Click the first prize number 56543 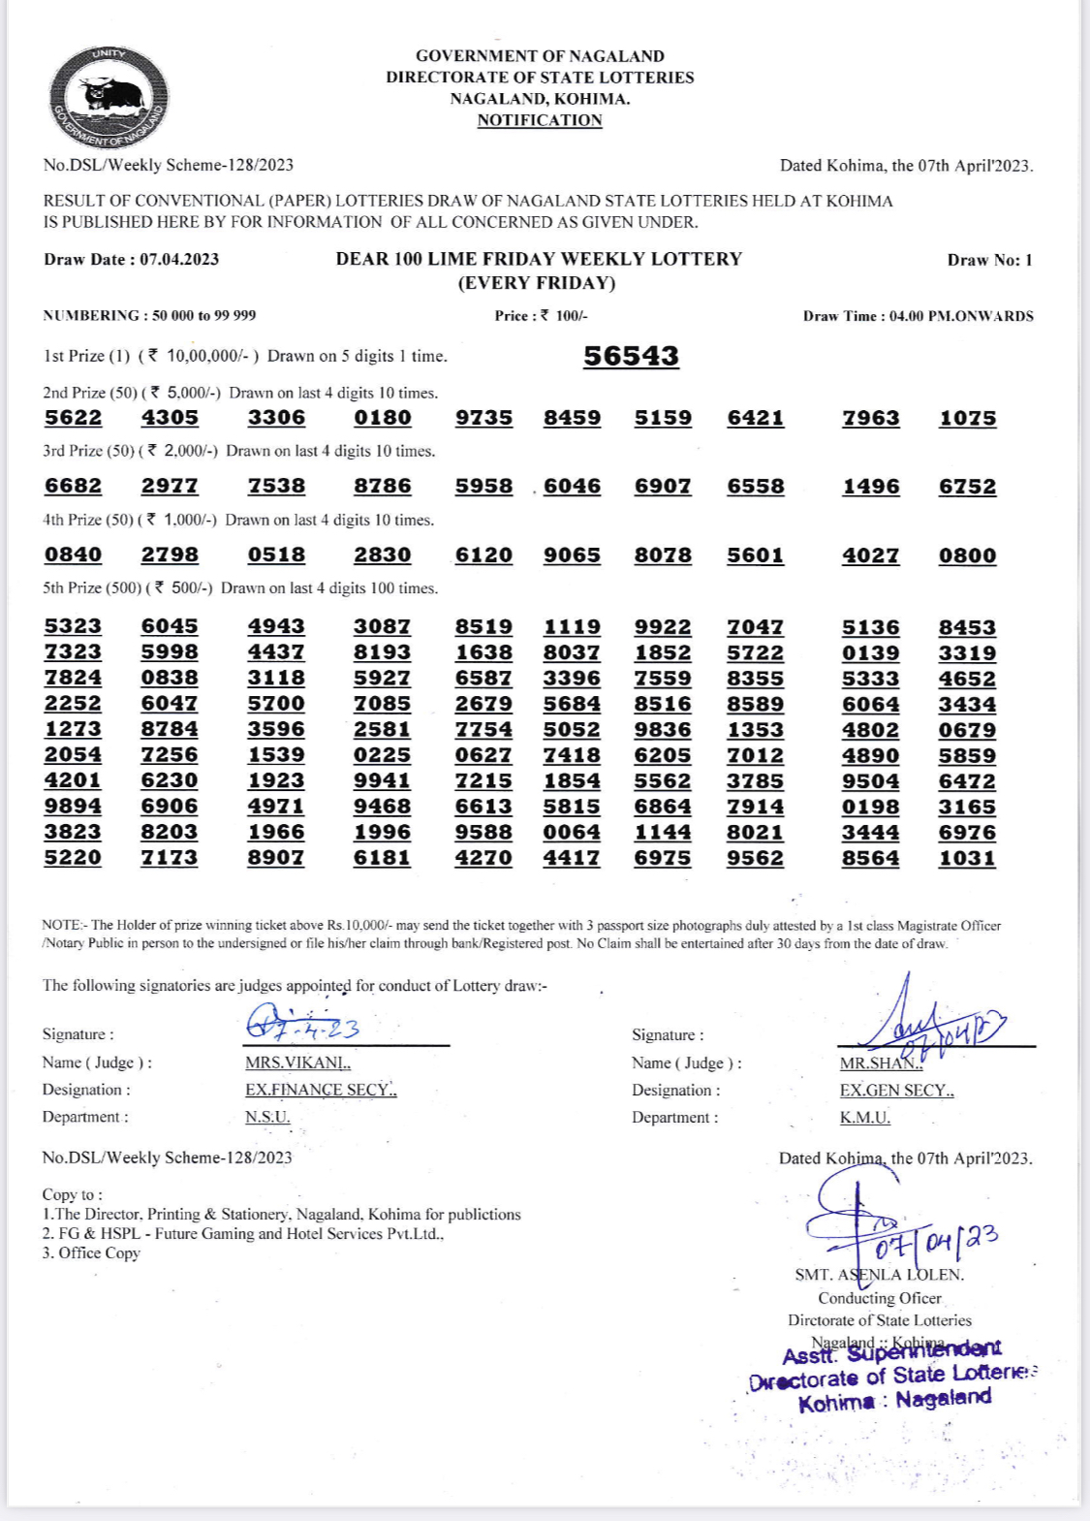(x=631, y=356)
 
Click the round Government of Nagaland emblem (x=108, y=98)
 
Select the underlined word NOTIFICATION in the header (x=540, y=120)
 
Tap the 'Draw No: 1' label (x=989, y=260)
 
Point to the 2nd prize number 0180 (x=383, y=418)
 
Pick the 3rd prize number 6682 (x=73, y=486)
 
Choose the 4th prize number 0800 (x=967, y=555)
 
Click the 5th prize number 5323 (x=73, y=626)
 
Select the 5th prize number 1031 (x=967, y=858)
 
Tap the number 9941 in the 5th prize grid (x=383, y=780)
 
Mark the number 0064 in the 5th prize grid (x=572, y=832)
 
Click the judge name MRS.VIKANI (x=297, y=1062)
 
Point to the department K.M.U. (x=865, y=1117)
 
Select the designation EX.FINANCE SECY (x=321, y=1090)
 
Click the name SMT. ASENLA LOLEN (x=879, y=1275)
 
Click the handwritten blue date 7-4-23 (x=302, y=1027)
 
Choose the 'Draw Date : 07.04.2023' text (x=132, y=259)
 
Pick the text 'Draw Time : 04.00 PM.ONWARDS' (x=918, y=316)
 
